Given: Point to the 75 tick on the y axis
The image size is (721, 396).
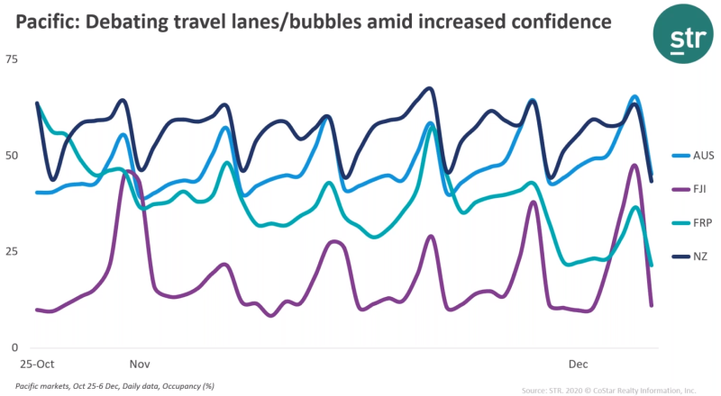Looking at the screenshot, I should [12, 59].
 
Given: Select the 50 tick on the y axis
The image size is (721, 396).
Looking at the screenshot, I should [12, 155].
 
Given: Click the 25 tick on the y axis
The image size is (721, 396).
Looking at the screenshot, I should [12, 251].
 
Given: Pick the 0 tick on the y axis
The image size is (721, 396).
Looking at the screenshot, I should [14, 347].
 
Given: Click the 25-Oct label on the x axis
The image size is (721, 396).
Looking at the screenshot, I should [37, 364].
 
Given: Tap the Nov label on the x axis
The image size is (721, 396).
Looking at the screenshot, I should [139, 364].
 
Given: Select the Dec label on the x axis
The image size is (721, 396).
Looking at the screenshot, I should [578, 364].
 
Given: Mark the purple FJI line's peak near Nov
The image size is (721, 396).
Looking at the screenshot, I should [128, 171].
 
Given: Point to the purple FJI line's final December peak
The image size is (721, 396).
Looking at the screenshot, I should [635, 166].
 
